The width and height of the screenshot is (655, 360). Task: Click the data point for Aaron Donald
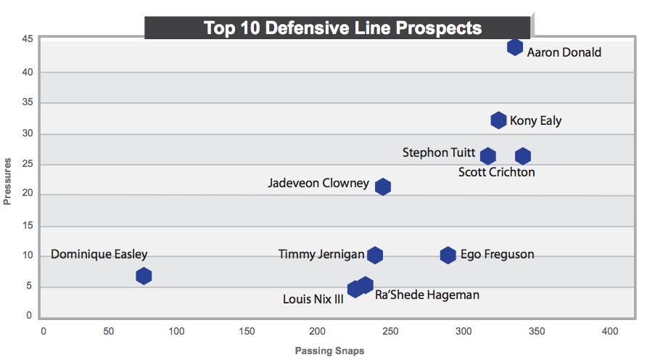pyautogui.click(x=515, y=47)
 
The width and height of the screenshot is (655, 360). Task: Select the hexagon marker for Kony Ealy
pyautogui.click(x=498, y=120)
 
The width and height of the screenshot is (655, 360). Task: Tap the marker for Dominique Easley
pyautogui.click(x=144, y=276)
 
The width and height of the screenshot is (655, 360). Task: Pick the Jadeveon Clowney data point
pyautogui.click(x=383, y=187)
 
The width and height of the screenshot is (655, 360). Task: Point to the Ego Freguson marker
pyautogui.click(x=448, y=255)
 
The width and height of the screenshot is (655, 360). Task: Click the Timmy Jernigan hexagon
pyautogui.click(x=374, y=255)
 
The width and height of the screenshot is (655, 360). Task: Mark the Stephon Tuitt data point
pyautogui.click(x=488, y=156)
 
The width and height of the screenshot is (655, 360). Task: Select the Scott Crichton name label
pyautogui.click(x=497, y=172)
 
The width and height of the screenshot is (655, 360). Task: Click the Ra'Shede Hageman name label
pyautogui.click(x=427, y=295)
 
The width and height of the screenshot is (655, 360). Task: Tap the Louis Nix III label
pyautogui.click(x=313, y=298)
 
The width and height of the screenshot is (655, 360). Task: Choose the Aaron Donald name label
pyautogui.click(x=564, y=52)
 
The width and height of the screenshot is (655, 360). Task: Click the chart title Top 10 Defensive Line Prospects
pyautogui.click(x=343, y=28)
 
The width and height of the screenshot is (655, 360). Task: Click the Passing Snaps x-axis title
pyautogui.click(x=329, y=351)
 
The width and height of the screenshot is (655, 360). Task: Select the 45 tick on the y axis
pyautogui.click(x=27, y=38)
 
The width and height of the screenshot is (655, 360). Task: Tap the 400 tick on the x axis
pyautogui.click(x=610, y=332)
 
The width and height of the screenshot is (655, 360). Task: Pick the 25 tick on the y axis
pyautogui.click(x=27, y=164)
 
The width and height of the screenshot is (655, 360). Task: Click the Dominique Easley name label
pyautogui.click(x=99, y=254)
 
